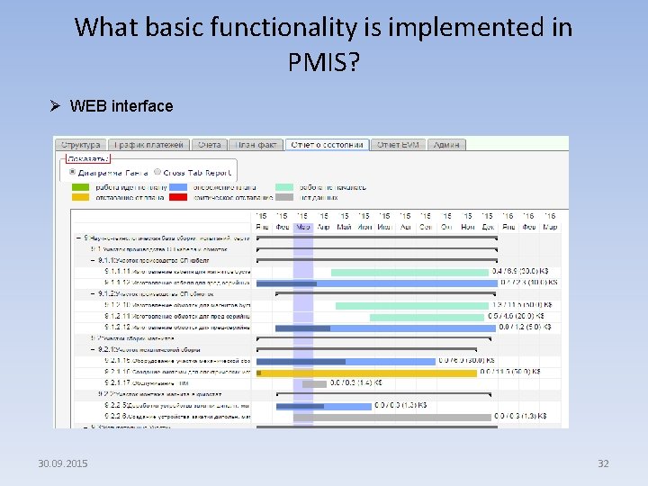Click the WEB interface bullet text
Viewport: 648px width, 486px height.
pos(121,106)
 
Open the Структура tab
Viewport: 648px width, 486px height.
pos(81,144)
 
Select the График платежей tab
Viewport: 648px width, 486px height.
pos(148,144)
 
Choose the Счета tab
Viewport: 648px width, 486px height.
pos(209,144)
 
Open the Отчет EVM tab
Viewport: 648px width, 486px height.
pos(398,144)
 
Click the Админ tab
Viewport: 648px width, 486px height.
pos(447,144)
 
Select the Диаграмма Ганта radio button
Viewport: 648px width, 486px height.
pos(72,172)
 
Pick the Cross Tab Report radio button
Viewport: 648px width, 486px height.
pos(158,172)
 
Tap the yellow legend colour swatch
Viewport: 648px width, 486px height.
pos(80,196)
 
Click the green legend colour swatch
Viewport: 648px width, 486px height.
pos(80,186)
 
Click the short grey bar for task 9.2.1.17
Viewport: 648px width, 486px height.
pos(314,383)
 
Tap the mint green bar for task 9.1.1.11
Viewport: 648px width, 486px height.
pos(409,271)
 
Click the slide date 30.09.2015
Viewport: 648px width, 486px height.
pos(63,463)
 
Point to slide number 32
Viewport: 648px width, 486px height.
pos(603,463)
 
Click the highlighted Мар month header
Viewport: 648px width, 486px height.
pos(303,227)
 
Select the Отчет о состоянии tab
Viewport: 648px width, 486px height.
pos(326,144)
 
